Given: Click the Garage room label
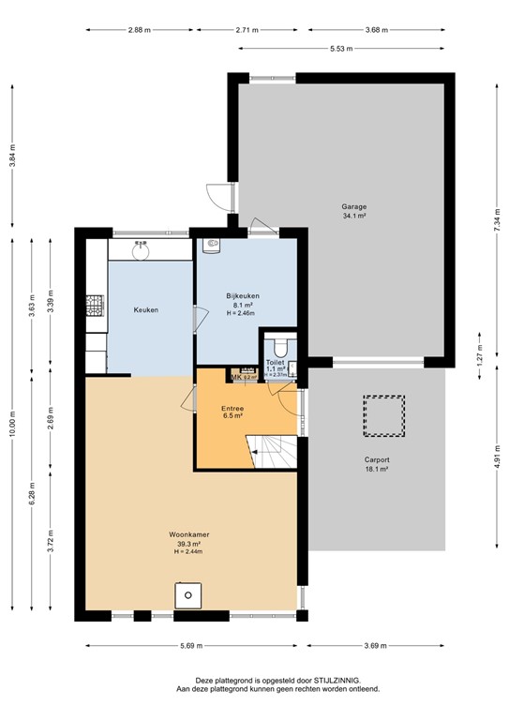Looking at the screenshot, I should tap(354, 206).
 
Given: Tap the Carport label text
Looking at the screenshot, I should tap(377, 460).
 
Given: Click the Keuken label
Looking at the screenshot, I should tap(146, 309).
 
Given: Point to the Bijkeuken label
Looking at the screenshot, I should tap(243, 296).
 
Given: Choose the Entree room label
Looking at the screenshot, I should tap(232, 409).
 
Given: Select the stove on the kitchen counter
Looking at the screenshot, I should tap(95, 305).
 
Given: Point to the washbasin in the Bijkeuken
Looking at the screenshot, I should tap(213, 246).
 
